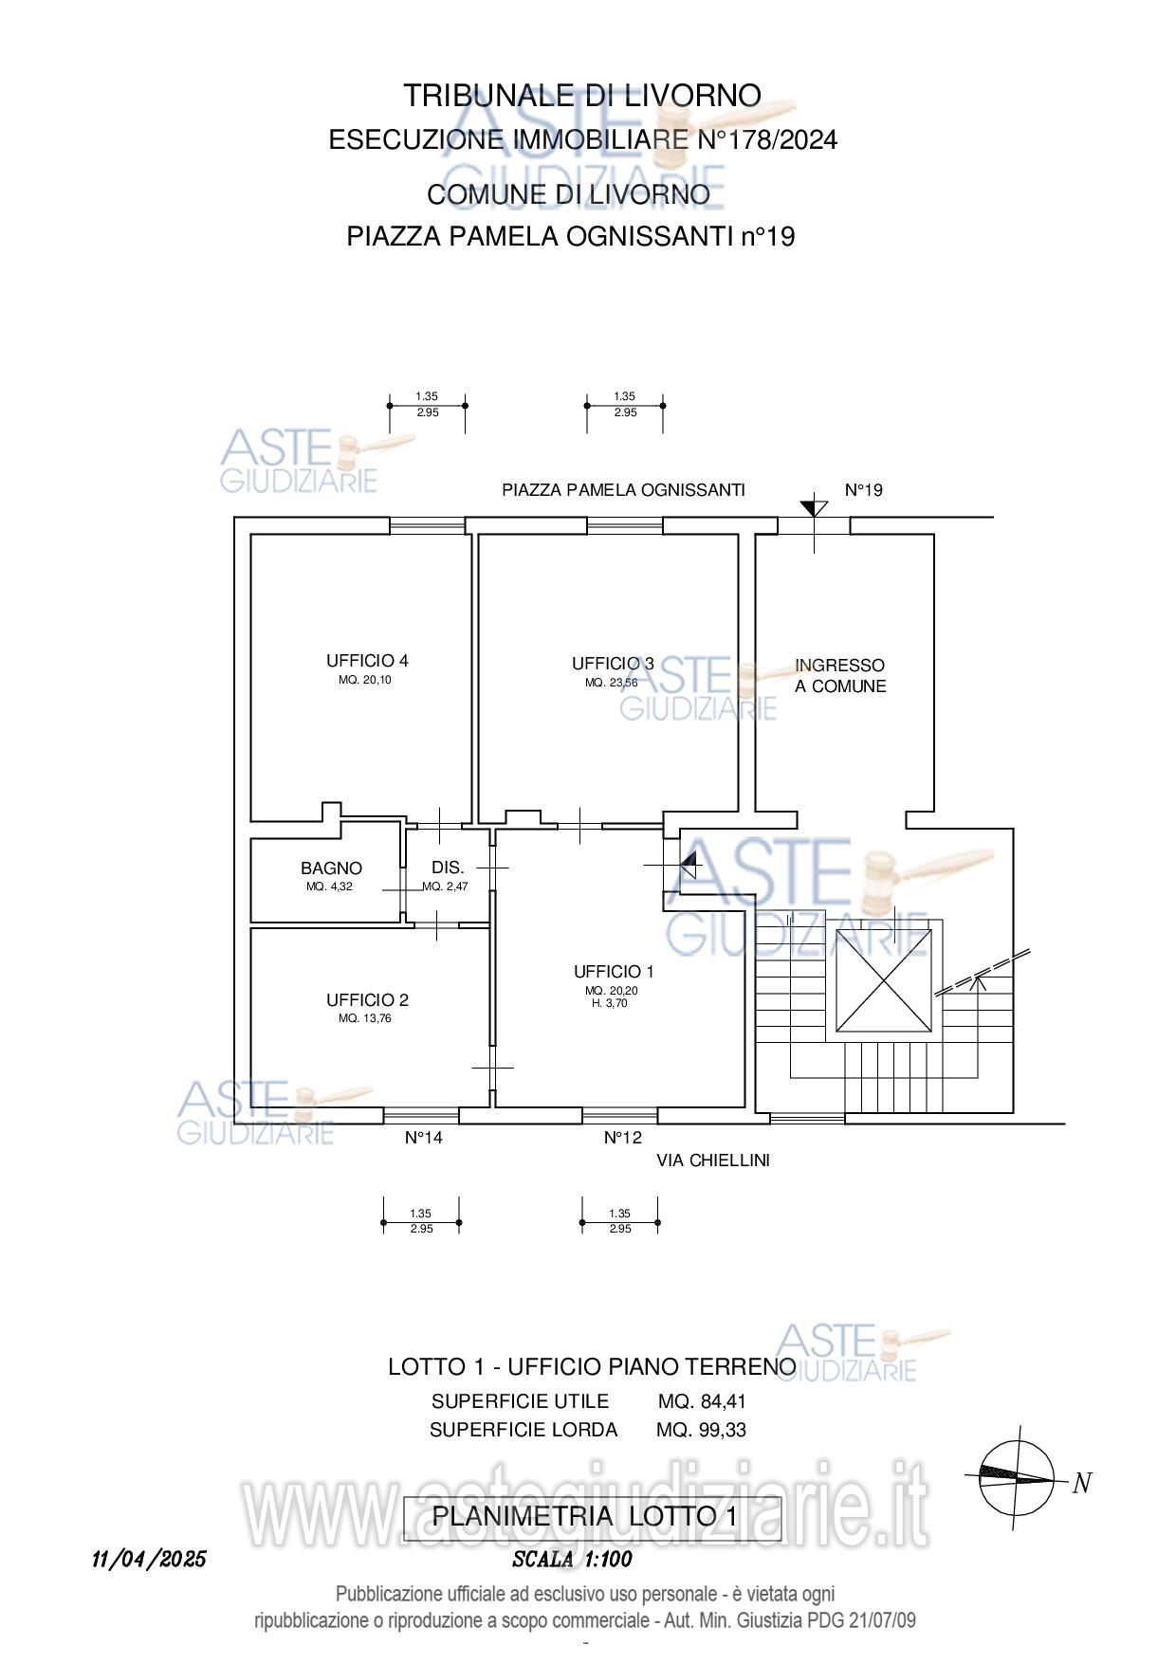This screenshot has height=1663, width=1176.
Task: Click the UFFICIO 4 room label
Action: click(x=367, y=661)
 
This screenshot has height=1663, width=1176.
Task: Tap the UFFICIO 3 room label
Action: click(x=613, y=664)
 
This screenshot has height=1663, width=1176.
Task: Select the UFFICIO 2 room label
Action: click(x=367, y=1000)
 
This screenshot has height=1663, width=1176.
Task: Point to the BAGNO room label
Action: click(x=331, y=868)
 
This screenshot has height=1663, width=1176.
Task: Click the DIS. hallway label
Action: click(x=448, y=868)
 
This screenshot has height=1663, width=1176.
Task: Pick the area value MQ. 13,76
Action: click(x=365, y=1019)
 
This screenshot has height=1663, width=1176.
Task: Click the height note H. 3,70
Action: click(x=608, y=1002)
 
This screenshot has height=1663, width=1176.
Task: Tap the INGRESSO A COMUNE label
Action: click(x=840, y=676)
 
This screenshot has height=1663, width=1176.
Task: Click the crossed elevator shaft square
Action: click(x=884, y=980)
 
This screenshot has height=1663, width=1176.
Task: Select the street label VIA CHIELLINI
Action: click(x=713, y=1160)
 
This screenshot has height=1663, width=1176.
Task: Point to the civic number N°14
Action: click(x=424, y=1138)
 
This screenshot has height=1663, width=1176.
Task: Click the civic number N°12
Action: click(x=623, y=1138)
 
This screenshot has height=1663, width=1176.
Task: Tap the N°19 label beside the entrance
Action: click(x=864, y=490)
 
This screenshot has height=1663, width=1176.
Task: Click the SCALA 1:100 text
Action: click(x=572, y=1560)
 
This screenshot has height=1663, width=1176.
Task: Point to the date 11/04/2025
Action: click(x=149, y=1560)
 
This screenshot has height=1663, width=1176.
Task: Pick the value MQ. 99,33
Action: click(x=701, y=1430)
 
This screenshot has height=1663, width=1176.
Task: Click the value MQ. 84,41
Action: click(x=703, y=1401)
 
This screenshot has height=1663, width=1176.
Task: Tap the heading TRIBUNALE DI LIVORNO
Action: click(x=582, y=96)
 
